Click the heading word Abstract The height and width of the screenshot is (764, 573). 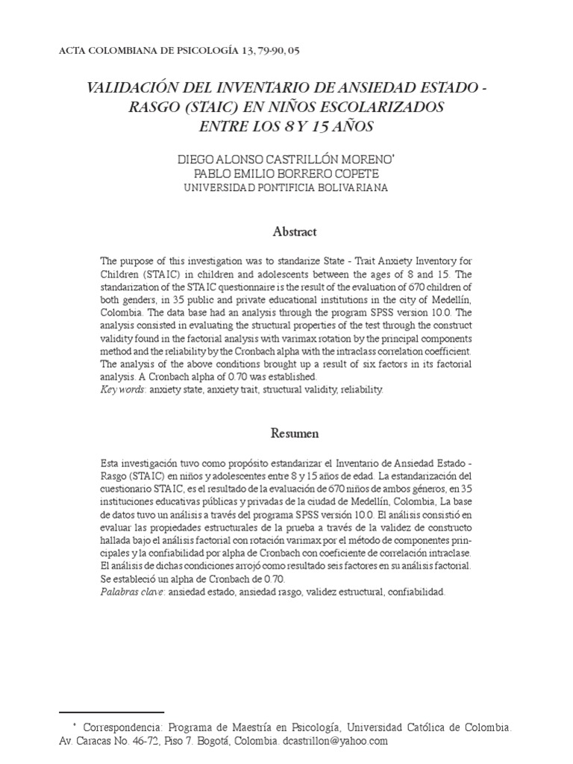coord(294,231)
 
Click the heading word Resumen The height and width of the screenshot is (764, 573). coord(294,433)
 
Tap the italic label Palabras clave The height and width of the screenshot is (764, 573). coord(131,592)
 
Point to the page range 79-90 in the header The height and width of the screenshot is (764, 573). coord(260,50)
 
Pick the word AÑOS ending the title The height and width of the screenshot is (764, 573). coord(351,126)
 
